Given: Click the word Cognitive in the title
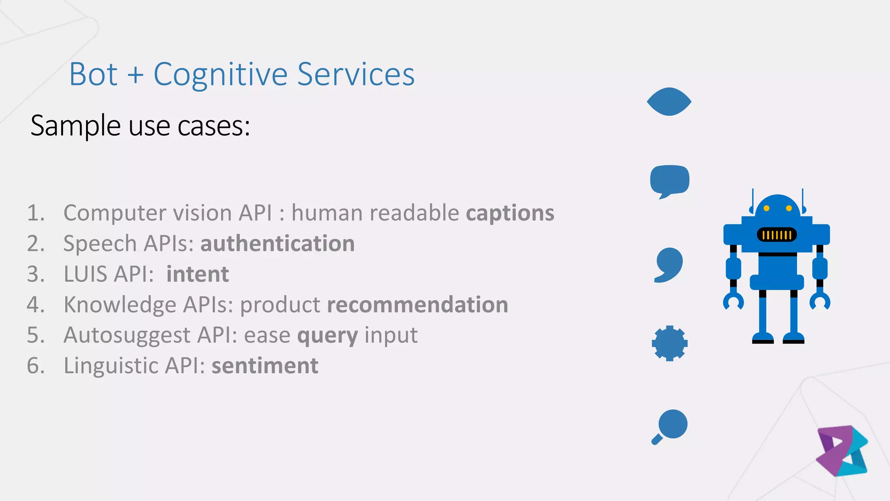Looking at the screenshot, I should [x=220, y=75].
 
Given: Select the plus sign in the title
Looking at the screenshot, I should [x=135, y=75].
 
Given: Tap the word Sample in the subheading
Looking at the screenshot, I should [x=76, y=126].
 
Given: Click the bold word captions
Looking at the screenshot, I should [x=510, y=213].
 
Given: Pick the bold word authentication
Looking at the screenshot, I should [x=277, y=244].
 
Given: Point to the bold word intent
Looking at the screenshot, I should [x=197, y=274].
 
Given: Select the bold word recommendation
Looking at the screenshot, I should [x=417, y=305].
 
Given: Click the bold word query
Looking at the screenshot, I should [x=327, y=336].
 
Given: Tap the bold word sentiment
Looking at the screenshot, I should [x=265, y=366].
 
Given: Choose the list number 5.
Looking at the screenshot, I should [x=36, y=335].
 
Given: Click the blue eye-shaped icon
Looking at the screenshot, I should [x=669, y=102].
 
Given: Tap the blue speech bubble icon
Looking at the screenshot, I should [x=669, y=180].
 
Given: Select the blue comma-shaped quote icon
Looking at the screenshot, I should [x=669, y=264].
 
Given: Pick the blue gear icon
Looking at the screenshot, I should [x=669, y=343].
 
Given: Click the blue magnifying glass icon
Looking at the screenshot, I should [x=671, y=424].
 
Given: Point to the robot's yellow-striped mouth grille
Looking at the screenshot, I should [x=777, y=235].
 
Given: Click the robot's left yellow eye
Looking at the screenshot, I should [x=767, y=208].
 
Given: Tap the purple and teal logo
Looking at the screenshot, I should [x=842, y=451].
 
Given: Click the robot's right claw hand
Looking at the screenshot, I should [x=820, y=301].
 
